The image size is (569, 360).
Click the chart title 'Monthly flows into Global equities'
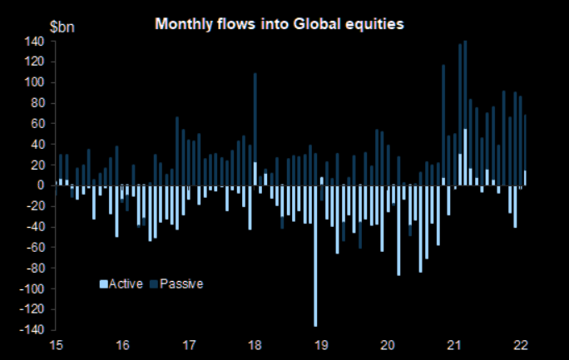pos(280,24)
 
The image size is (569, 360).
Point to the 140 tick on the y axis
pos(33,41)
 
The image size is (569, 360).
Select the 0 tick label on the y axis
pos(39,185)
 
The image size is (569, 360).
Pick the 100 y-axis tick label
pos(33,82)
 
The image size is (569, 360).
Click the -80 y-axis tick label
pos(33,269)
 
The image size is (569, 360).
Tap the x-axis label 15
pos(57,345)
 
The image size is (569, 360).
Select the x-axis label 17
pos(188,345)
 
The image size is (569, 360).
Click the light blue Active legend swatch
pos(103,284)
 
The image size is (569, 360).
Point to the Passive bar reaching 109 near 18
pos(255,116)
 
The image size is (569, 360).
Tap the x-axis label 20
pos(387,345)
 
